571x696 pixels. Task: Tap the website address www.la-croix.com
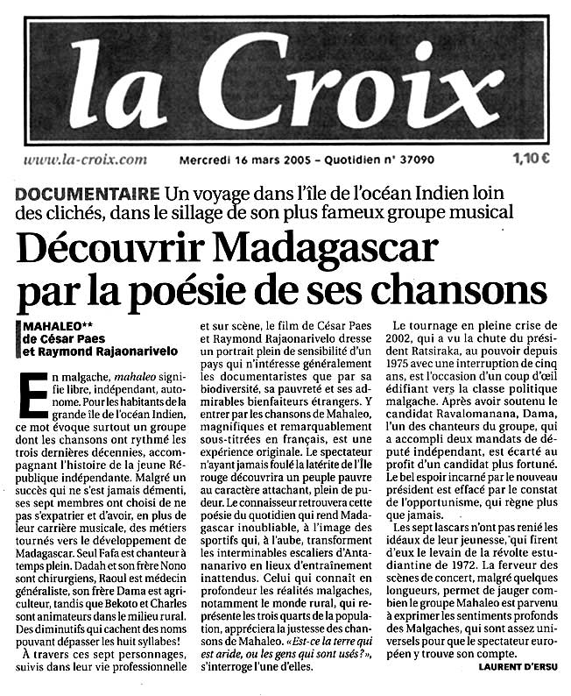(x=85, y=160)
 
